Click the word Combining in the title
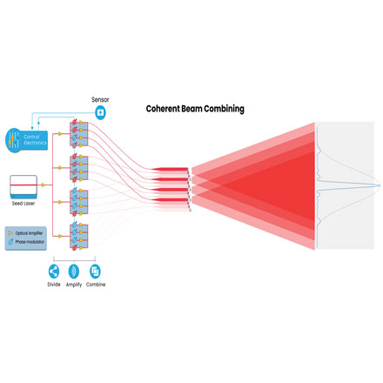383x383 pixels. coord(223,109)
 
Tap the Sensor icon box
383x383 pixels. coord(100,113)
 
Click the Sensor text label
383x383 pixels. coord(100,99)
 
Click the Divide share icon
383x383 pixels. coord(54,271)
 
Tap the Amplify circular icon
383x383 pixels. coord(74,271)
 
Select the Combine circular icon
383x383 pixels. coord(95,271)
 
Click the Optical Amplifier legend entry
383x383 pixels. coord(26,233)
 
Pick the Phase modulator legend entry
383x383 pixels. coord(26,242)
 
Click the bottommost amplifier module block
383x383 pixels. coord(79,237)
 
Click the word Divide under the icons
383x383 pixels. coord(54,286)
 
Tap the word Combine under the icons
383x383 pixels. coord(95,286)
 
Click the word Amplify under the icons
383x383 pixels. coord(74,286)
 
